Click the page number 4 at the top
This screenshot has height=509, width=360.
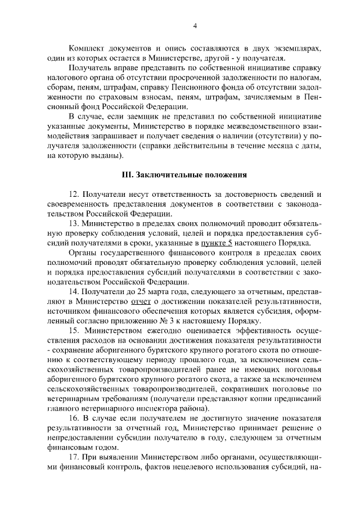(x=194, y=25)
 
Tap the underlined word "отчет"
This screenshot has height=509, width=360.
(x=142, y=301)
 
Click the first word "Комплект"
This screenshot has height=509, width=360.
(x=85, y=48)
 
